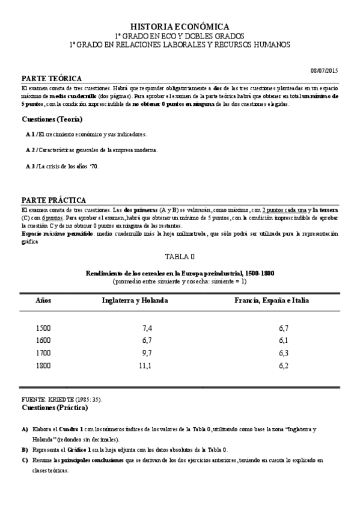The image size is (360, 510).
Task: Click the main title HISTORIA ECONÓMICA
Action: pos(180,26)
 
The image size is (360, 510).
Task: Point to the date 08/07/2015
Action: pos(324,71)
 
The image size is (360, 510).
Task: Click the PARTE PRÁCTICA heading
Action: pos(53,200)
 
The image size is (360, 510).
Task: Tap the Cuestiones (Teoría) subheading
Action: pos(52,119)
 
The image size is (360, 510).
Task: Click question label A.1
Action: pos(31,134)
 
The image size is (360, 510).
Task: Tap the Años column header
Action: pos(43,300)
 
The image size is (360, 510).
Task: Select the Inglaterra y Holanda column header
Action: pos(135,300)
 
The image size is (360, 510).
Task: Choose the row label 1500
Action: pos(43,328)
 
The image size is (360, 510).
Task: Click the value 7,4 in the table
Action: pos(147,328)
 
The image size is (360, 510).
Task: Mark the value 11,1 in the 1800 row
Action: pos(145,365)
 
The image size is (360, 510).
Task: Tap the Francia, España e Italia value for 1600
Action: pos(284,340)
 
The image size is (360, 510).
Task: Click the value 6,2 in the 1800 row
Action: pos(284,365)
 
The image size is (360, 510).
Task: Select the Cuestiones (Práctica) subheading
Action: pos(55,408)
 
